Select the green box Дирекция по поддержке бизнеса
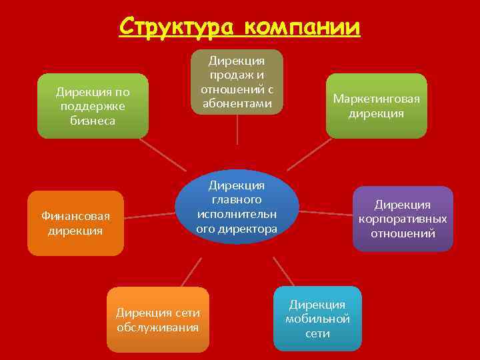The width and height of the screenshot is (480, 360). (x=93, y=106)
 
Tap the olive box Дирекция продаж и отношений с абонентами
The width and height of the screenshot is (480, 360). (x=237, y=81)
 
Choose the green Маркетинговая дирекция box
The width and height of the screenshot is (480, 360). (x=377, y=106)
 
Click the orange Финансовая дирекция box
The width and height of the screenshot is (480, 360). (x=75, y=223)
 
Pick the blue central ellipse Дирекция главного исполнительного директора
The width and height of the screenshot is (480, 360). (x=237, y=207)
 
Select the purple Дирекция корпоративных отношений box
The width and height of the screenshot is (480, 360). (x=403, y=219)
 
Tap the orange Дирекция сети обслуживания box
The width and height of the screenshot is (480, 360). (x=158, y=319)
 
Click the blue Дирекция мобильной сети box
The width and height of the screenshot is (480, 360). (x=317, y=319)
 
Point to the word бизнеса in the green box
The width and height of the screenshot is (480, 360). (x=93, y=121)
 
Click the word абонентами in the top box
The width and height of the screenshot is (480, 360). (x=237, y=103)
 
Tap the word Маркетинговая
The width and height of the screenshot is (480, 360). (x=377, y=99)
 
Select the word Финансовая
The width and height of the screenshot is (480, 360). (x=75, y=216)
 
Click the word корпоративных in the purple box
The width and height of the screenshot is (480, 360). (x=403, y=219)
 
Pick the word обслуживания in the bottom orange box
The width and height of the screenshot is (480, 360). (x=158, y=327)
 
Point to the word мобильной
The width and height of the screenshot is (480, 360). (x=317, y=319)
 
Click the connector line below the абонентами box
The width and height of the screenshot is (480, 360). (x=238, y=130)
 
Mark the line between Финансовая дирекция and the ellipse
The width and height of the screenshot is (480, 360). (x=150, y=215)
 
